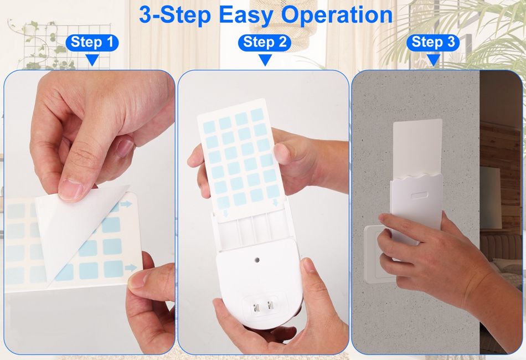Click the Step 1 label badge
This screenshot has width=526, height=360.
(92, 43)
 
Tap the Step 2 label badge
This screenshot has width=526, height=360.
(265, 43)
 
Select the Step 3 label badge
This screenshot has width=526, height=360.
(433, 43)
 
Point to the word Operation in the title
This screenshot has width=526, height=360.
(337, 15)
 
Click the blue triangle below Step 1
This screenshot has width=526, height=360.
(92, 60)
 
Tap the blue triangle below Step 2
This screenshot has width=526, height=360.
(265, 60)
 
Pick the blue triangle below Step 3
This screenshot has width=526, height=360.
(434, 60)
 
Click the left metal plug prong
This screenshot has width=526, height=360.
(256, 307)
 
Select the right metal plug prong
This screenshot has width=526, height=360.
(270, 306)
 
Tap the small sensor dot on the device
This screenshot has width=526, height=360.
(257, 260)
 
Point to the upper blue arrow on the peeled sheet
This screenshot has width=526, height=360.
(126, 204)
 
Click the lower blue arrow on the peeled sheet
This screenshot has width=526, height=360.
(131, 268)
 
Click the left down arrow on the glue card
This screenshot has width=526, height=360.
(226, 214)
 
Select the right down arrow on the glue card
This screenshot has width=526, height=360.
(275, 202)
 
